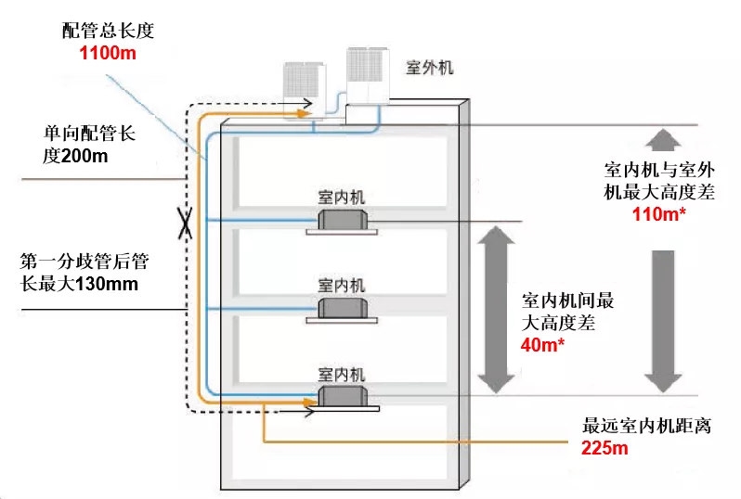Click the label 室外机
[x=431, y=68]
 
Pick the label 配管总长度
[x=107, y=32]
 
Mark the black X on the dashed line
[x=187, y=223]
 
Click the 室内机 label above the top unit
[x=341, y=197]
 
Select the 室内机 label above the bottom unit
[x=341, y=375]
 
